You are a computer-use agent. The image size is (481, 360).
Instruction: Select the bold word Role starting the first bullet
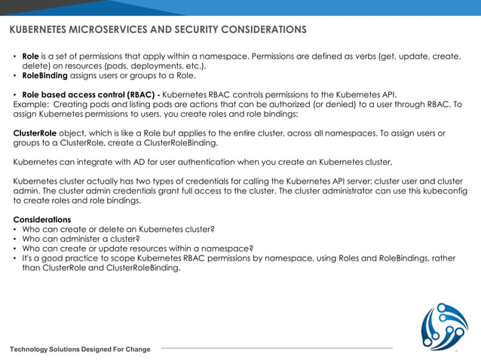pos(30,56)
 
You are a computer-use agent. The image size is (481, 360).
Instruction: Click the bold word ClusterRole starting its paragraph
pos(35,133)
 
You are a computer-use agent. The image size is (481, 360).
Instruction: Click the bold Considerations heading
pos(42,219)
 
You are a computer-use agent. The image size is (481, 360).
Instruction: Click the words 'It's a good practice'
pos(63,258)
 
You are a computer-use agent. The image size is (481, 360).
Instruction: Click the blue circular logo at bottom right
pos(443,325)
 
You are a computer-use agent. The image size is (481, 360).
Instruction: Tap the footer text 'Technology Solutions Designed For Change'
pos(80,349)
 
